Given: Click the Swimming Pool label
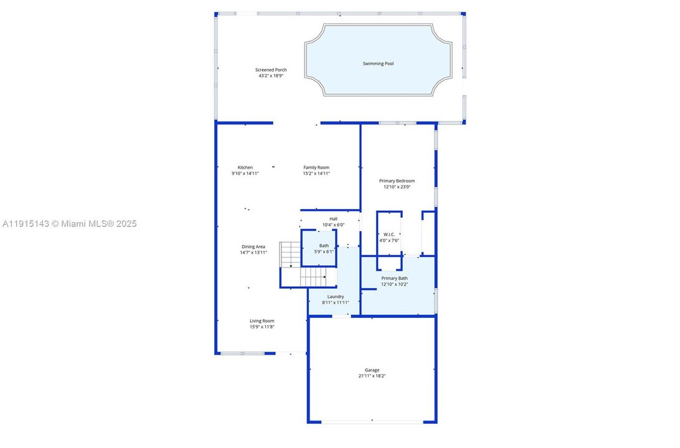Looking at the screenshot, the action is click(x=378, y=63).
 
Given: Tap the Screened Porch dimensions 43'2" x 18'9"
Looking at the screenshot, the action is click(x=271, y=76).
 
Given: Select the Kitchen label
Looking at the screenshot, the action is click(x=245, y=167).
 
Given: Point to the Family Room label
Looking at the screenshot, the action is click(x=316, y=167).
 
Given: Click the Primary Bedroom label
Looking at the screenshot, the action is click(x=397, y=181).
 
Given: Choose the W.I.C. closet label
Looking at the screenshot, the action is click(x=389, y=235).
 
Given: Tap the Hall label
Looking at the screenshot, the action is click(x=333, y=219).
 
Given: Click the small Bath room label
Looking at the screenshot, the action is click(x=324, y=246).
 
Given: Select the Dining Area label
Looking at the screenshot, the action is click(x=253, y=247).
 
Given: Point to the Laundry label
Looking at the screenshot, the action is click(x=336, y=297).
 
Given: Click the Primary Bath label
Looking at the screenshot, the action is click(x=394, y=278).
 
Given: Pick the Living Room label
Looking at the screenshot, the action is click(x=262, y=321).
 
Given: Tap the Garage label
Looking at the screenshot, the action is click(x=372, y=370).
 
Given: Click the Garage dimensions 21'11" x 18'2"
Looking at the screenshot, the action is click(x=372, y=376).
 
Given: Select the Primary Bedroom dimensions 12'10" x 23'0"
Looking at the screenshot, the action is click(x=397, y=187).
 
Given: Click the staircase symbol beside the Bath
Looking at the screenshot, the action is click(x=303, y=264).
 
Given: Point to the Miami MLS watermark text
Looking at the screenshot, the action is click(x=69, y=223).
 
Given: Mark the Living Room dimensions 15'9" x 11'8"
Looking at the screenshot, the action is click(x=262, y=327).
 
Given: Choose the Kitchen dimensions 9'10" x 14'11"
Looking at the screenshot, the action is click(x=245, y=174).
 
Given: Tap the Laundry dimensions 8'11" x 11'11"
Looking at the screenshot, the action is click(x=336, y=303).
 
